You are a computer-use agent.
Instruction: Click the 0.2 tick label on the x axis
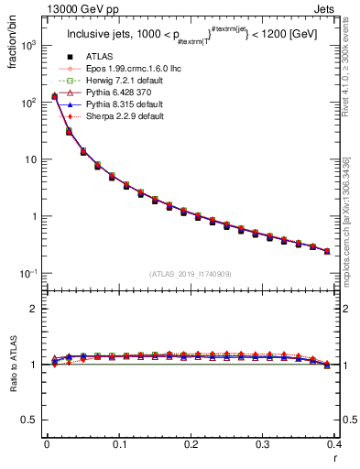coord(191,443)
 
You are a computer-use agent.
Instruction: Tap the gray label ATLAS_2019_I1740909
coord(191,274)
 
